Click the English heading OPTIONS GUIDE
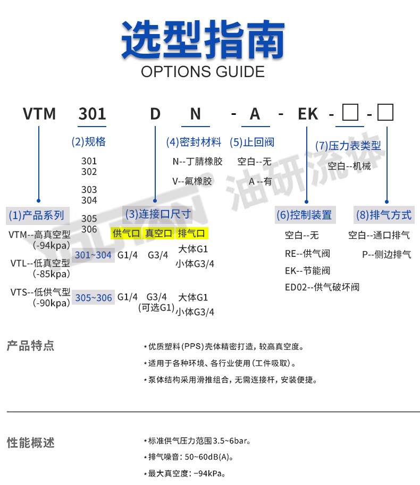pyautogui.click(x=203, y=71)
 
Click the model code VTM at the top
pyautogui.click(x=39, y=114)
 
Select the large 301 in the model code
pyautogui.click(x=93, y=114)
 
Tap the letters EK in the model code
pyautogui.click(x=307, y=114)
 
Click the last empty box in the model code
pyautogui.click(x=384, y=113)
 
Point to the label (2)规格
pyautogui.click(x=88, y=141)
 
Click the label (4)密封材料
pyautogui.click(x=194, y=142)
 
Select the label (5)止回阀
pyautogui.click(x=252, y=142)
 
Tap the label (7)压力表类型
pyautogui.click(x=348, y=145)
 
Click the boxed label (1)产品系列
pyautogui.click(x=37, y=215)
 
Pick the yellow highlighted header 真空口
pyautogui.click(x=159, y=233)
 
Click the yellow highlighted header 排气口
pyautogui.click(x=192, y=233)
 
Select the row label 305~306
pyautogui.click(x=94, y=298)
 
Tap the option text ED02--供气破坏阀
pyautogui.click(x=322, y=287)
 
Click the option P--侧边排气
pyautogui.click(x=387, y=254)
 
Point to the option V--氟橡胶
pyautogui.click(x=192, y=181)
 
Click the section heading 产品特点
pyautogui.click(x=30, y=346)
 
